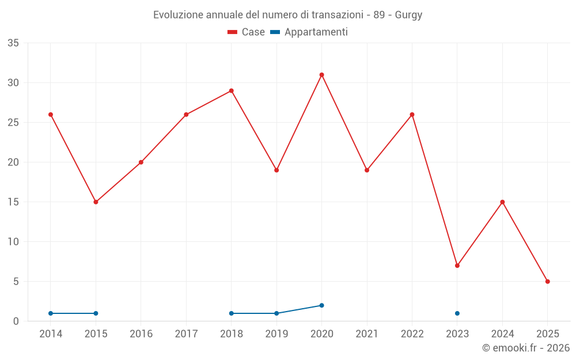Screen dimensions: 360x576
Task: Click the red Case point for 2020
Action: point(321,75)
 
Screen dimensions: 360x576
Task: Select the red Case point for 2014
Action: point(51,115)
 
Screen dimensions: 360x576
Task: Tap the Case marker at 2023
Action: point(457,266)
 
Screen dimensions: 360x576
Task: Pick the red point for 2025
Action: point(548,282)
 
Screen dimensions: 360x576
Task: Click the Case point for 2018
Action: point(232,90)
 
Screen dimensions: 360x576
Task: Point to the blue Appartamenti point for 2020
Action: point(321,305)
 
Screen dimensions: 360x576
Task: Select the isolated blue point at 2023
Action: point(457,313)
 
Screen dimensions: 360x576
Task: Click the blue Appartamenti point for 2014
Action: point(51,313)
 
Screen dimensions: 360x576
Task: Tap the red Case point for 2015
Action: point(96,202)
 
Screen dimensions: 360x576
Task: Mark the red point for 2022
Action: point(412,115)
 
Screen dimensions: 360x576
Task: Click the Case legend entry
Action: point(247,32)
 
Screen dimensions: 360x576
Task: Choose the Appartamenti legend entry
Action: point(309,32)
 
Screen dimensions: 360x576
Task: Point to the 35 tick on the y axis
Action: point(13,43)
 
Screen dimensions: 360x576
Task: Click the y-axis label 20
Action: point(13,162)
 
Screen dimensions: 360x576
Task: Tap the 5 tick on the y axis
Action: point(16,282)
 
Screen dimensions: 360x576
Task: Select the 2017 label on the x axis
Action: point(186,334)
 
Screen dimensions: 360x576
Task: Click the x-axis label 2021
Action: point(367,334)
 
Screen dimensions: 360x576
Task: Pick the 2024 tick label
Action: point(502,334)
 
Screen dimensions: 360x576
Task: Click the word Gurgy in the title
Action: point(408,15)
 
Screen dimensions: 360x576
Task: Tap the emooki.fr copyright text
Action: point(525,348)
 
